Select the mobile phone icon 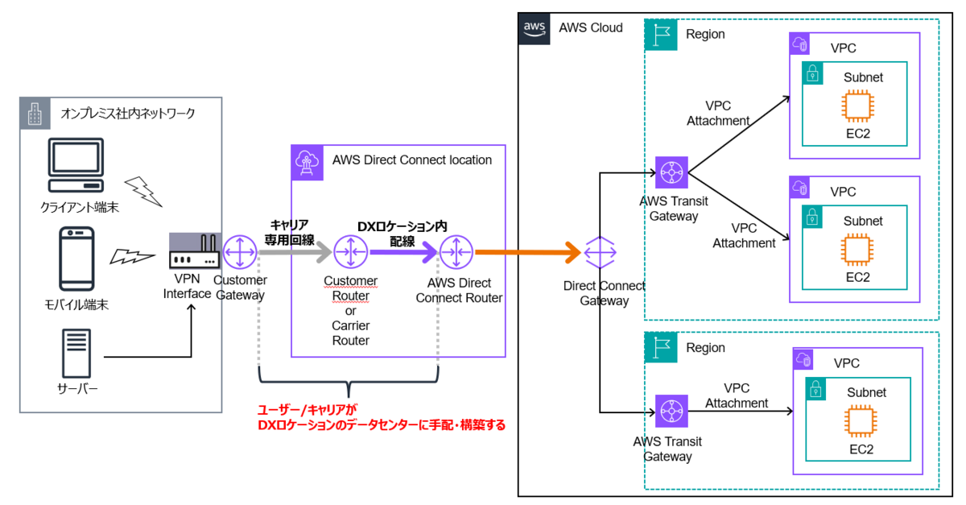77,258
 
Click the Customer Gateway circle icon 239,253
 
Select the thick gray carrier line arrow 295,253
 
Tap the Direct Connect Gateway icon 600,253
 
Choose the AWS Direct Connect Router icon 456,253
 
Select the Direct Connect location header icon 307,160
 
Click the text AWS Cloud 590,27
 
